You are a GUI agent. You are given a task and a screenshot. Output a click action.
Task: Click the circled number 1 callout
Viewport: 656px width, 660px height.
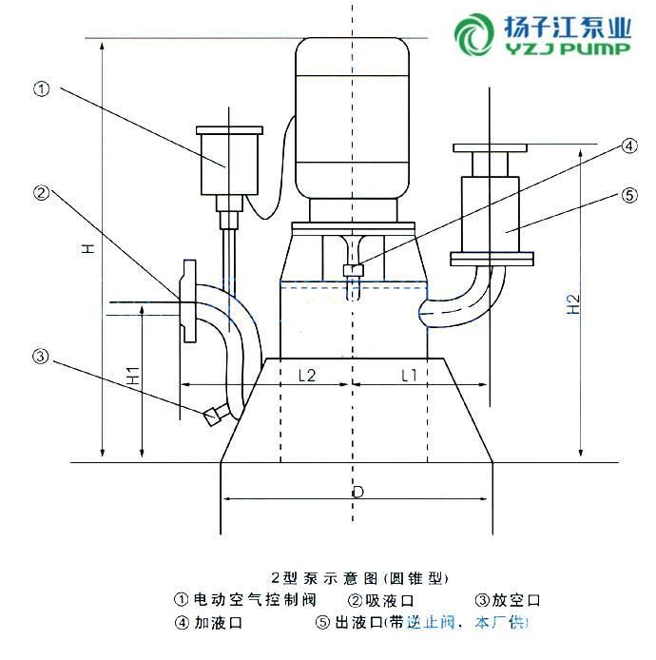[41, 89]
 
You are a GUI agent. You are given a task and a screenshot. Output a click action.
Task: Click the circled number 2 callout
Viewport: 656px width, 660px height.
[41, 193]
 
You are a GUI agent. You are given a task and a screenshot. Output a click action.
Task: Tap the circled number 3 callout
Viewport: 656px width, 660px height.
[41, 357]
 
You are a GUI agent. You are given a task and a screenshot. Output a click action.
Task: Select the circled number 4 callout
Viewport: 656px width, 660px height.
[628, 146]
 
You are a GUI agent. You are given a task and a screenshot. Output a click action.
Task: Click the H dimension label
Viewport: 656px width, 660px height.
[87, 249]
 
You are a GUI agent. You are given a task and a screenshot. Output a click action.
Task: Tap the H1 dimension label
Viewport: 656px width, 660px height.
[134, 376]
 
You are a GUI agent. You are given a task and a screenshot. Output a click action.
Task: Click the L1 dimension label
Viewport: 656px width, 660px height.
[409, 376]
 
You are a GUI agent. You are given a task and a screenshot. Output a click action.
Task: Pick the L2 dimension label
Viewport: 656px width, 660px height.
[306, 376]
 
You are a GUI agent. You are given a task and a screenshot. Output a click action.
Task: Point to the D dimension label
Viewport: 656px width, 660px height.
[357, 493]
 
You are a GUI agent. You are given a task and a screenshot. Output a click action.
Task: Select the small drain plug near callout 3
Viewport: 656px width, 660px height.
[212, 413]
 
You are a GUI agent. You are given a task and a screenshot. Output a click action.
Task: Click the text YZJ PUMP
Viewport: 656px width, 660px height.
[568, 49]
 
